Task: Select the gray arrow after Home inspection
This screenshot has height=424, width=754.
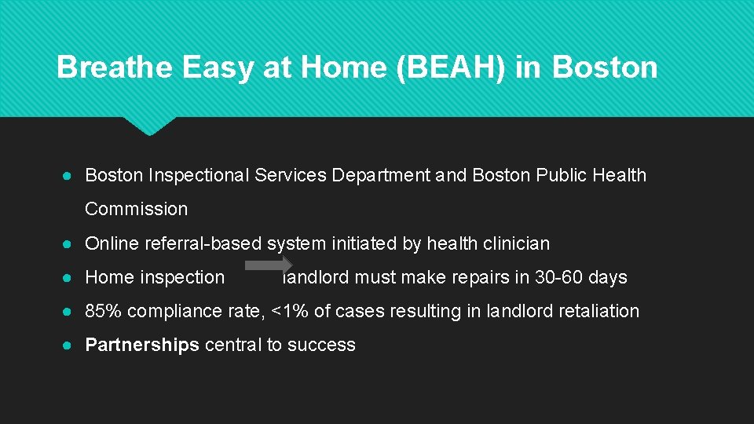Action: click(269, 265)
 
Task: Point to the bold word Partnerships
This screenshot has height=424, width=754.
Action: click(142, 345)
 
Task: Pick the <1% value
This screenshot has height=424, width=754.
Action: click(289, 311)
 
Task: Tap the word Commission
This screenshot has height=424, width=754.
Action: click(137, 209)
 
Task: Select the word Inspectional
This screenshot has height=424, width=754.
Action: click(199, 175)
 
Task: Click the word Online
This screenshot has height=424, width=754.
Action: click(112, 243)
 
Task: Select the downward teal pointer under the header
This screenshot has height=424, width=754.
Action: click(149, 125)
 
